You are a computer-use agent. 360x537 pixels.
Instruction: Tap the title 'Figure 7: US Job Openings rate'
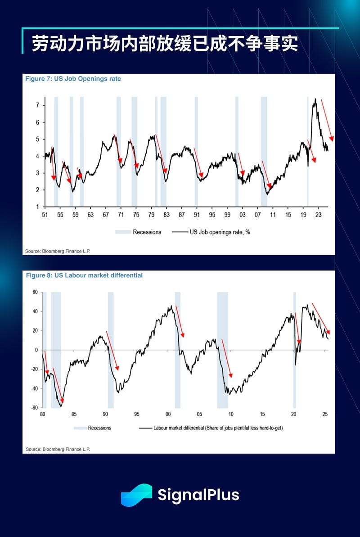tap(73, 79)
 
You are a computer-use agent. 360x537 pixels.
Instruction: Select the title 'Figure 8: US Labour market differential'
tap(84, 275)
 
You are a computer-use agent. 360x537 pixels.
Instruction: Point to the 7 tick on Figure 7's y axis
tap(38, 105)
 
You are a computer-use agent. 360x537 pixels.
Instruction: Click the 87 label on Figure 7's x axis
tap(181, 215)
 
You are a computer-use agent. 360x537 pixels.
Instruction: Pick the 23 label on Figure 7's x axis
tap(318, 215)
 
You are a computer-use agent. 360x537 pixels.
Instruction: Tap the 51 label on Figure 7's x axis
tap(45, 215)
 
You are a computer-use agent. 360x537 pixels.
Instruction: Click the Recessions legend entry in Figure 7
tap(138, 232)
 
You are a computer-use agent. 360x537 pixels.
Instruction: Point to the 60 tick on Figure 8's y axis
tap(35, 292)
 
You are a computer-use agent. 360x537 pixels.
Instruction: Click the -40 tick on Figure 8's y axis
tap(34, 388)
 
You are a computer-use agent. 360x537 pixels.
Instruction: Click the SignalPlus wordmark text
tap(198, 495)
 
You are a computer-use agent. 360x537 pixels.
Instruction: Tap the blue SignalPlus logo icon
tap(136, 495)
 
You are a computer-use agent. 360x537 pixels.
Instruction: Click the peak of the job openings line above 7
tap(315, 99)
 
